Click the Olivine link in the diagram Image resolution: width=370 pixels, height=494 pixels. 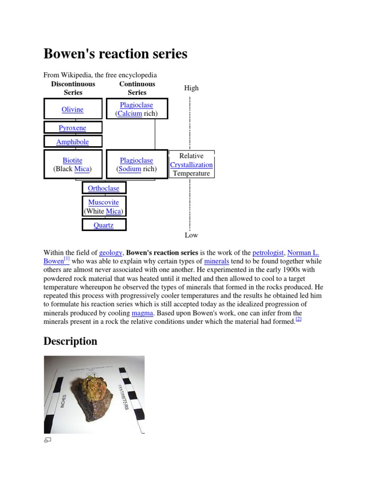pyautogui.click(x=72, y=110)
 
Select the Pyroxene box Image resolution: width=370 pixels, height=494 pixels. pyautogui.click(x=73, y=128)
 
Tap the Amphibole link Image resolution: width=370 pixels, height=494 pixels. pyautogui.click(x=73, y=142)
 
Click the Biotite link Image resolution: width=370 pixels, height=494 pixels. pyautogui.click(x=72, y=160)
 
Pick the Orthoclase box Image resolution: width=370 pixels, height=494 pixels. pyautogui.click(x=104, y=188)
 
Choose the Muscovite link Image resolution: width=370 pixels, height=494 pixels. pyautogui.click(x=104, y=202)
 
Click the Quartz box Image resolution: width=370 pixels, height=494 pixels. pyautogui.click(x=104, y=225)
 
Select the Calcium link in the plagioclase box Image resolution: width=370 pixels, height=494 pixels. pyautogui.click(x=130, y=114)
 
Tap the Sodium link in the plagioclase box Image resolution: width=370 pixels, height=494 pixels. pyautogui.click(x=130, y=169)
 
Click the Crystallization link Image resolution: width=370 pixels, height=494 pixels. pyautogui.click(x=191, y=165)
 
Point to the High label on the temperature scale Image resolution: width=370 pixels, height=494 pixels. pyautogui.click(x=191, y=88)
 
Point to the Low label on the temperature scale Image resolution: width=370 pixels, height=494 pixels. pyautogui.click(x=191, y=235)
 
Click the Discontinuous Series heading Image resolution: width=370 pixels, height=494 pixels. pyautogui.click(x=73, y=88)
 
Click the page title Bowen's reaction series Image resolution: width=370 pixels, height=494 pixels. pyautogui.click(x=116, y=54)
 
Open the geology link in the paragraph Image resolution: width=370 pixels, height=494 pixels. pyautogui.click(x=111, y=252)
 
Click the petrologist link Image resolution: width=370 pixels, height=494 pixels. pyautogui.click(x=268, y=252)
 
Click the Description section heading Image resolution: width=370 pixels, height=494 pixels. pyautogui.click(x=70, y=341)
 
